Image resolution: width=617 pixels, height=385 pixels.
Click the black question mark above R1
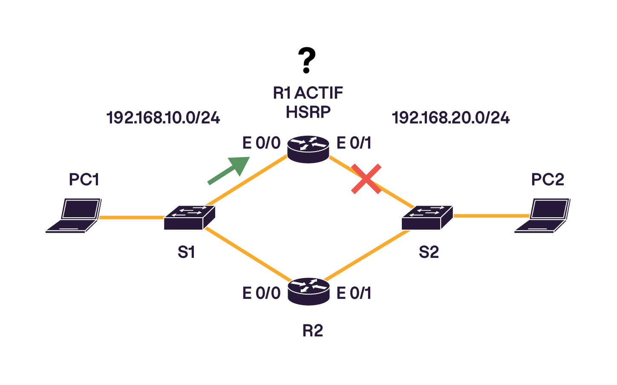coord(307,60)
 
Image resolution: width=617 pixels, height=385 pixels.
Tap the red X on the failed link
coord(366,179)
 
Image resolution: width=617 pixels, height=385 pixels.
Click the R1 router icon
coord(308,149)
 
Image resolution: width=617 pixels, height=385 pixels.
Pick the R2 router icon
coord(308,291)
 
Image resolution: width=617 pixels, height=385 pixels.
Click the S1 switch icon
coord(189,217)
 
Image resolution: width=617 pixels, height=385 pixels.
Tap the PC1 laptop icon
coord(74,215)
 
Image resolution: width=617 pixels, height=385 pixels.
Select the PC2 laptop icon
coord(542,215)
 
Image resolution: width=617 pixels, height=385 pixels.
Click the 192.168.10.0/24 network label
coord(163,118)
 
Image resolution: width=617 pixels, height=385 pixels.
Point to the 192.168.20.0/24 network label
coord(450,118)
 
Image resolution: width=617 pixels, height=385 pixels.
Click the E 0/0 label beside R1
coord(261,143)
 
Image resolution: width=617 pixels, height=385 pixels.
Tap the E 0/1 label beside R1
coord(354,143)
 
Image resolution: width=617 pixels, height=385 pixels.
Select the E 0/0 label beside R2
coord(261,293)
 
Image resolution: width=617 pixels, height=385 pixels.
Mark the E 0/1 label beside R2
coord(354,293)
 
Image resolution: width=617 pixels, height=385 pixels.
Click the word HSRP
coord(308,112)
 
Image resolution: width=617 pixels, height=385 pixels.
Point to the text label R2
coord(312,331)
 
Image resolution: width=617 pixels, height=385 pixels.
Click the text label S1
coord(186,252)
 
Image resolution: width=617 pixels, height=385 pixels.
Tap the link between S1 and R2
coord(247,255)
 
